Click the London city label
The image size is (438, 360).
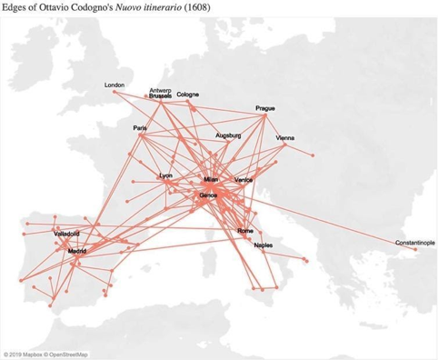(114, 85)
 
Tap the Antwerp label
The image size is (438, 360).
(160, 90)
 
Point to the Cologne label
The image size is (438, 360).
(188, 95)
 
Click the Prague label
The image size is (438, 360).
(265, 107)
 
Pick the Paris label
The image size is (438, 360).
(140, 128)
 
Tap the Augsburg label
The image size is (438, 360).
(228, 135)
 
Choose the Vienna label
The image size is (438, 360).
(284, 138)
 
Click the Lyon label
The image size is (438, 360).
(165, 175)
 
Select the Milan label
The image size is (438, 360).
(212, 180)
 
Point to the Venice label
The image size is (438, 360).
(244, 180)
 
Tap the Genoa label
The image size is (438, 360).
(208, 195)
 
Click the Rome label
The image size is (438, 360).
(244, 231)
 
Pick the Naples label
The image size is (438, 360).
(264, 245)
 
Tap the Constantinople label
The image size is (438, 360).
(414, 243)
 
